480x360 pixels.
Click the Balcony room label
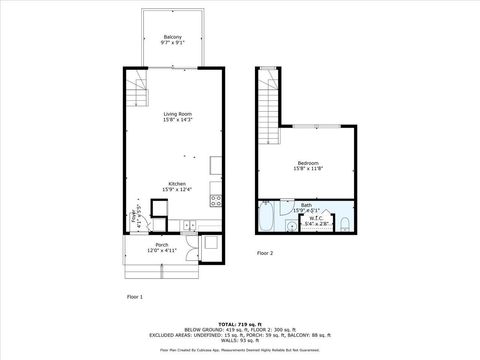[x=172, y=37]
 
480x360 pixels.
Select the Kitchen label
[x=176, y=183]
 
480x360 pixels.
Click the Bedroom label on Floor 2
[x=308, y=162]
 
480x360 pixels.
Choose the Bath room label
[x=306, y=204]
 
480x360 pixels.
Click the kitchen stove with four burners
[x=215, y=200]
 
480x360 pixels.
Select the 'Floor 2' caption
[x=265, y=253]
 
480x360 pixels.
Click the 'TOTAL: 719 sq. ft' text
[x=239, y=324]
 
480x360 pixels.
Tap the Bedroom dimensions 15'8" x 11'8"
[x=308, y=169]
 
